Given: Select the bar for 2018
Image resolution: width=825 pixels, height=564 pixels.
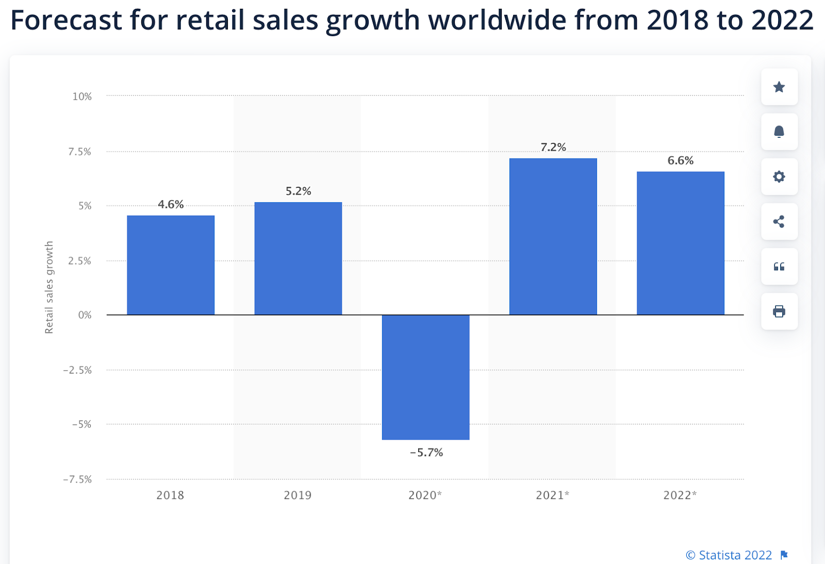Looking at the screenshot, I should click(171, 265).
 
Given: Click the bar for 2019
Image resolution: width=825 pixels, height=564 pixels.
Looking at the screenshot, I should click(298, 258).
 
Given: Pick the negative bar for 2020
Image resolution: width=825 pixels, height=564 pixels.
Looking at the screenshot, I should click(425, 377).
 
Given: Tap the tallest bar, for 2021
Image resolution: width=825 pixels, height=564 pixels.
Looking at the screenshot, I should click(553, 236).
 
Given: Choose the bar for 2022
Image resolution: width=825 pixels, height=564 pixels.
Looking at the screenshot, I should click(680, 243).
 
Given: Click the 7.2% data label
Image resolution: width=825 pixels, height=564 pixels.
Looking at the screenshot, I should click(553, 148).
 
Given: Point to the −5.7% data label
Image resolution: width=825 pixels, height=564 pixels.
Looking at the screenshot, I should click(426, 453).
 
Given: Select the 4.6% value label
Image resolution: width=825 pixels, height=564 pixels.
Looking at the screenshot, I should click(171, 204).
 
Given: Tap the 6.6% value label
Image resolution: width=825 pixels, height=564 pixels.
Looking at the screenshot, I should click(680, 160).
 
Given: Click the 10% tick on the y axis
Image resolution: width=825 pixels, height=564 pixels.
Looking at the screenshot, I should click(82, 96).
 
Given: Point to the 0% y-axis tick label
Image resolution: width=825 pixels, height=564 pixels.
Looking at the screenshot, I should click(85, 315).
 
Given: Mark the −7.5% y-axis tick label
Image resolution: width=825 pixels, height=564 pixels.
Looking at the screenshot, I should click(77, 479).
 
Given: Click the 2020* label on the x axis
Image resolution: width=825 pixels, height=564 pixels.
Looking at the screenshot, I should click(425, 495).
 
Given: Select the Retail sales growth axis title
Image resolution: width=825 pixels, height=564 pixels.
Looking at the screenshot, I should click(49, 287).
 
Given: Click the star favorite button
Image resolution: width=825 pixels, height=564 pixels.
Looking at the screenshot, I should click(779, 87).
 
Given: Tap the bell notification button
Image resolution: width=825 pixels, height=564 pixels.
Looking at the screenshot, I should click(779, 132).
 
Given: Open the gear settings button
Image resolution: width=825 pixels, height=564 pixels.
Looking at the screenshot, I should click(779, 176).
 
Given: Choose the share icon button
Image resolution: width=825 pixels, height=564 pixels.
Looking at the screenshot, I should click(779, 221).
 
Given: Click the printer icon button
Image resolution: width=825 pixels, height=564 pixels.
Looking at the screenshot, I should click(779, 311).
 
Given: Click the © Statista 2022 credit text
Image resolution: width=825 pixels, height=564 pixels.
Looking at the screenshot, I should click(729, 555).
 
